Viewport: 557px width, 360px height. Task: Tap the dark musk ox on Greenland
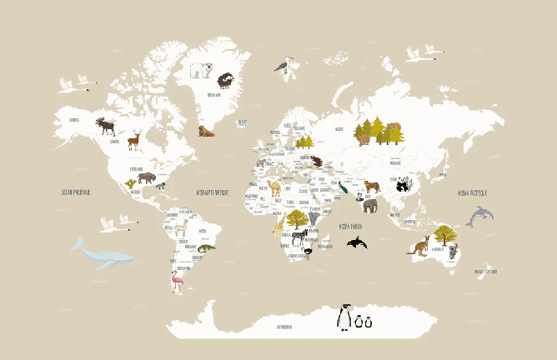[x=224, y=81]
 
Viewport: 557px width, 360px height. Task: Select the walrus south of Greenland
[x=206, y=131]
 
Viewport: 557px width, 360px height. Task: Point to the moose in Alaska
[x=106, y=126]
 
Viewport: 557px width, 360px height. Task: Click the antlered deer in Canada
[x=133, y=139]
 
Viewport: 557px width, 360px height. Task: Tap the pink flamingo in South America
[x=176, y=281]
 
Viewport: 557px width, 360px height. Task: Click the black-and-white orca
[x=356, y=242]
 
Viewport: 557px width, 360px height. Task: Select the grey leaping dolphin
[x=479, y=217]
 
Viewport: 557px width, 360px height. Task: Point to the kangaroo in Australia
[x=419, y=247]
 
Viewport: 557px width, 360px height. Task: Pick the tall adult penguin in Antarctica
[x=343, y=317]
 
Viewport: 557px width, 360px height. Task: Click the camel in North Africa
[x=274, y=187]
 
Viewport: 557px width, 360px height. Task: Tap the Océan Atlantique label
[x=212, y=191]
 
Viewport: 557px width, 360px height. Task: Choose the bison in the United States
[x=147, y=177]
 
